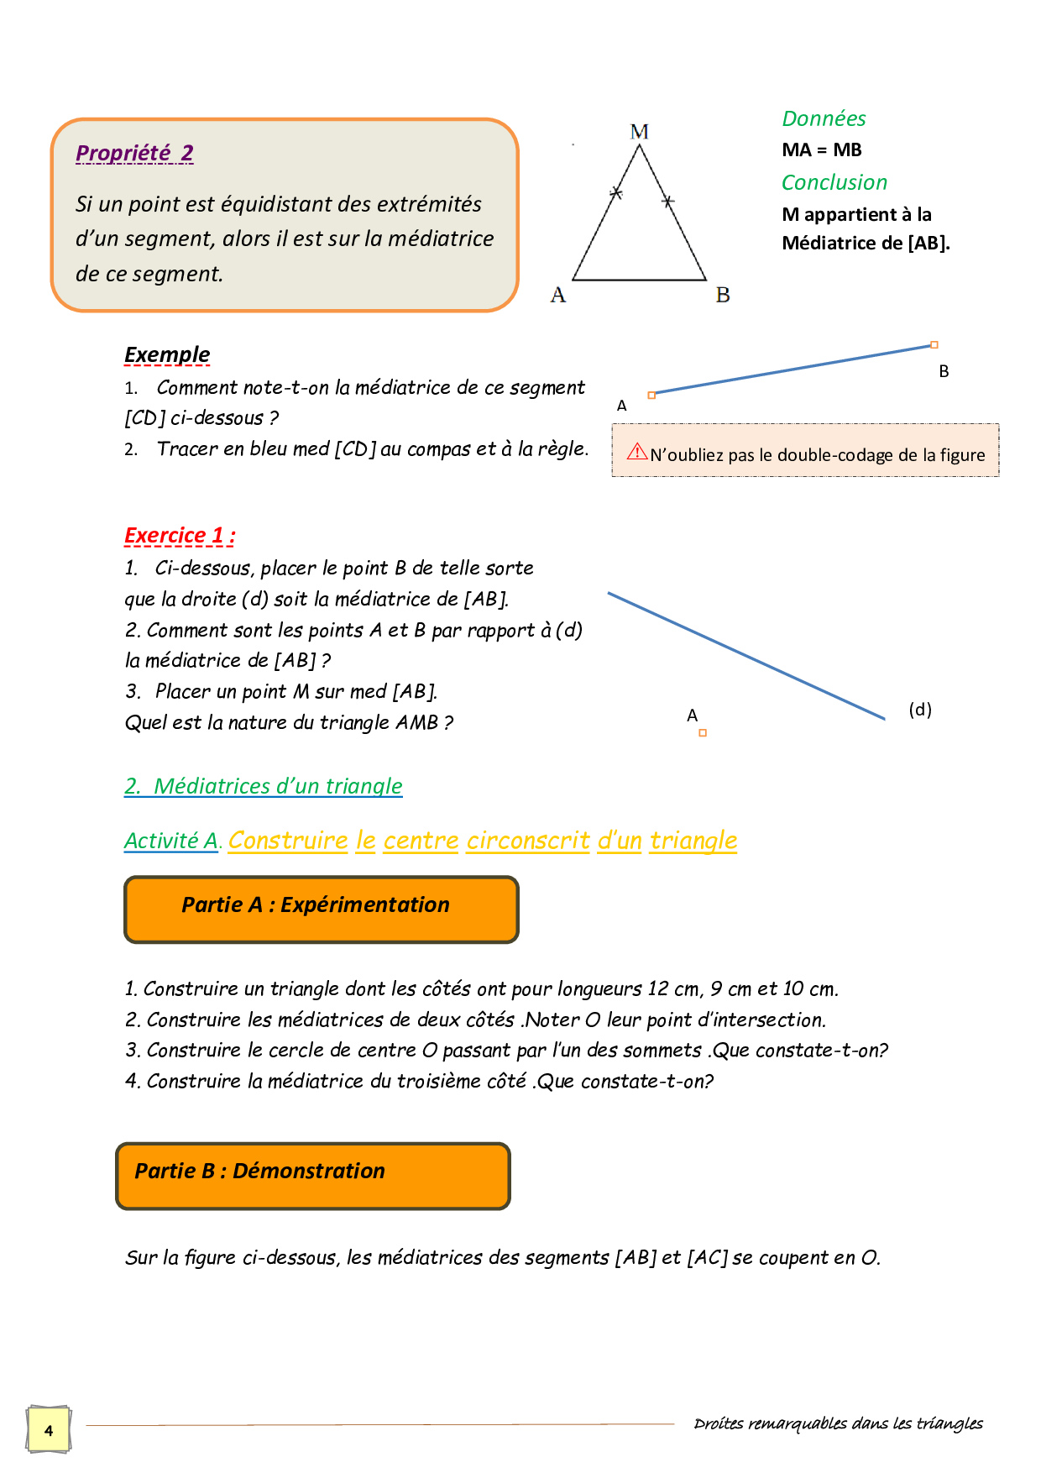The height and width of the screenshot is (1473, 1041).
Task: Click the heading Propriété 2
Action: point(134,153)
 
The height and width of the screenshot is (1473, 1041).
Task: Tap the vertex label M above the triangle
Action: point(639,132)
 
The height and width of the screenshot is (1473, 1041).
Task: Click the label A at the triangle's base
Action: point(558,295)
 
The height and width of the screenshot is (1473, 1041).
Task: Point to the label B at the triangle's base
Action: point(722,295)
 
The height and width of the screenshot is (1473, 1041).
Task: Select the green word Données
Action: point(824,118)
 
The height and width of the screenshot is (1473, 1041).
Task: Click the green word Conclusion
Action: point(834,182)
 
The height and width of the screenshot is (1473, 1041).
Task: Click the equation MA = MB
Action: point(821,150)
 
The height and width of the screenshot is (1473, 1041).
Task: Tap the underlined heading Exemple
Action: point(166,354)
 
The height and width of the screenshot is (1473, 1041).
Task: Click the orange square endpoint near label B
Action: point(934,345)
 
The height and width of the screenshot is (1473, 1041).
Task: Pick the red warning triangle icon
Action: point(637,452)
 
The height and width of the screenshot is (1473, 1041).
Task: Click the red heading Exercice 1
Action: point(179,536)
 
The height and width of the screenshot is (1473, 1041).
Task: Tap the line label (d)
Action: point(920,710)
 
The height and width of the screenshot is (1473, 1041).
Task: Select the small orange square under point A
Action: point(703,733)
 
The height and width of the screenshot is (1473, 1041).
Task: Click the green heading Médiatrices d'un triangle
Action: point(263,786)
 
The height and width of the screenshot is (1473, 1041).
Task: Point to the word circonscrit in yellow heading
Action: point(528,841)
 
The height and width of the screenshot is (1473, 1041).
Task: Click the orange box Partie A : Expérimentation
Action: point(321,909)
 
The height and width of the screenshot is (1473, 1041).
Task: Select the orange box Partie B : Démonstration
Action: point(312,1176)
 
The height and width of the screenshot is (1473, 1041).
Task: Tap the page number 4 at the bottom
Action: point(49,1430)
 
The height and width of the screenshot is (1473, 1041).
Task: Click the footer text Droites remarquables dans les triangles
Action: point(837,1423)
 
